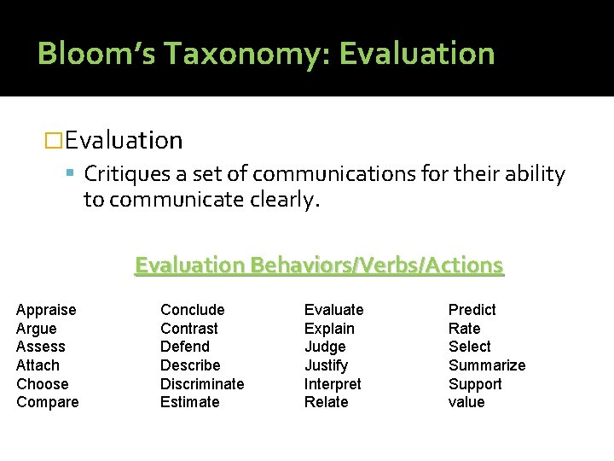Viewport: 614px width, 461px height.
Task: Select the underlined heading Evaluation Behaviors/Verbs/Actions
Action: (x=319, y=266)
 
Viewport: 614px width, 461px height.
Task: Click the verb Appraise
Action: (x=46, y=310)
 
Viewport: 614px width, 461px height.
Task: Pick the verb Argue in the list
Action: (x=37, y=329)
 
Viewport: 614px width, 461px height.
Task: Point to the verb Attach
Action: (x=38, y=365)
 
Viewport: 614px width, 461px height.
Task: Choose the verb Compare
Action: (x=48, y=402)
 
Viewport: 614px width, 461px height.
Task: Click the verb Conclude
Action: (x=193, y=310)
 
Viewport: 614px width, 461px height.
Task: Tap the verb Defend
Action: (x=185, y=347)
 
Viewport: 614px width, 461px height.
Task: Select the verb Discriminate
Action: (x=202, y=384)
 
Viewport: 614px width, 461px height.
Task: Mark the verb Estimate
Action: (x=190, y=402)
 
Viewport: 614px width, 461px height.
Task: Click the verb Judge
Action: (x=325, y=347)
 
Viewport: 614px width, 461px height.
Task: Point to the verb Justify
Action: (x=327, y=365)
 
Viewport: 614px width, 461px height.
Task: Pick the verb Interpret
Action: (x=333, y=384)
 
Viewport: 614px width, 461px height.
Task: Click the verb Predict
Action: (x=472, y=310)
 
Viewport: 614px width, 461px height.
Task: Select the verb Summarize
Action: (x=487, y=365)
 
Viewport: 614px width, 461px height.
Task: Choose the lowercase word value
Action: (x=466, y=402)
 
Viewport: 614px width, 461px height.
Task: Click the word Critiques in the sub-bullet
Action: (x=125, y=175)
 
